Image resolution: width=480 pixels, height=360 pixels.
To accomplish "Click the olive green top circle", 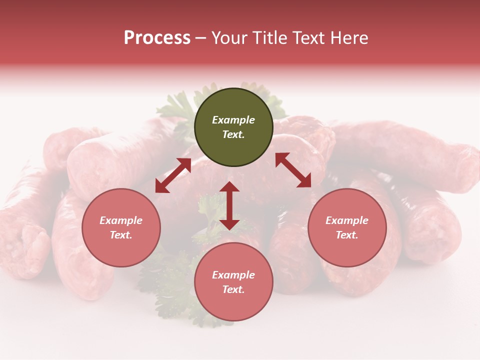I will [x=233, y=127].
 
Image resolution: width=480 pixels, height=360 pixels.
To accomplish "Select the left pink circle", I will [x=121, y=227].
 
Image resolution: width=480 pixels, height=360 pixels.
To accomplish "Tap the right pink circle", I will [x=347, y=227].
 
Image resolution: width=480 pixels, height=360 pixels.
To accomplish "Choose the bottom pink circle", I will [x=233, y=282].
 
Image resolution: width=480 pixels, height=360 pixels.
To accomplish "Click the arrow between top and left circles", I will [x=173, y=175].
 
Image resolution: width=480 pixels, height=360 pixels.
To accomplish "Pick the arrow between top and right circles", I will [x=293, y=170].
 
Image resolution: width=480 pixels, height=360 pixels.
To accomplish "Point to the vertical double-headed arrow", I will [x=229, y=205].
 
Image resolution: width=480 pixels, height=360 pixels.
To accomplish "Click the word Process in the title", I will [x=157, y=38].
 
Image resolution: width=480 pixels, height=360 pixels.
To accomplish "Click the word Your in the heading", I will [x=229, y=38].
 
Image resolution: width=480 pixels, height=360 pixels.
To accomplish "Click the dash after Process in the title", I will [x=201, y=38].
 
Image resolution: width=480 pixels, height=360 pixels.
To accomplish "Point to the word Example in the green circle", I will [x=233, y=120].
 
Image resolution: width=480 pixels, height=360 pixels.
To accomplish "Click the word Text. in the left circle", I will [x=121, y=235].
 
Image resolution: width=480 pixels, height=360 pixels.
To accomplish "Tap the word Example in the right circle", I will [x=347, y=220].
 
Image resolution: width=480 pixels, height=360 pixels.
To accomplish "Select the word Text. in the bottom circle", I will [x=233, y=289].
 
